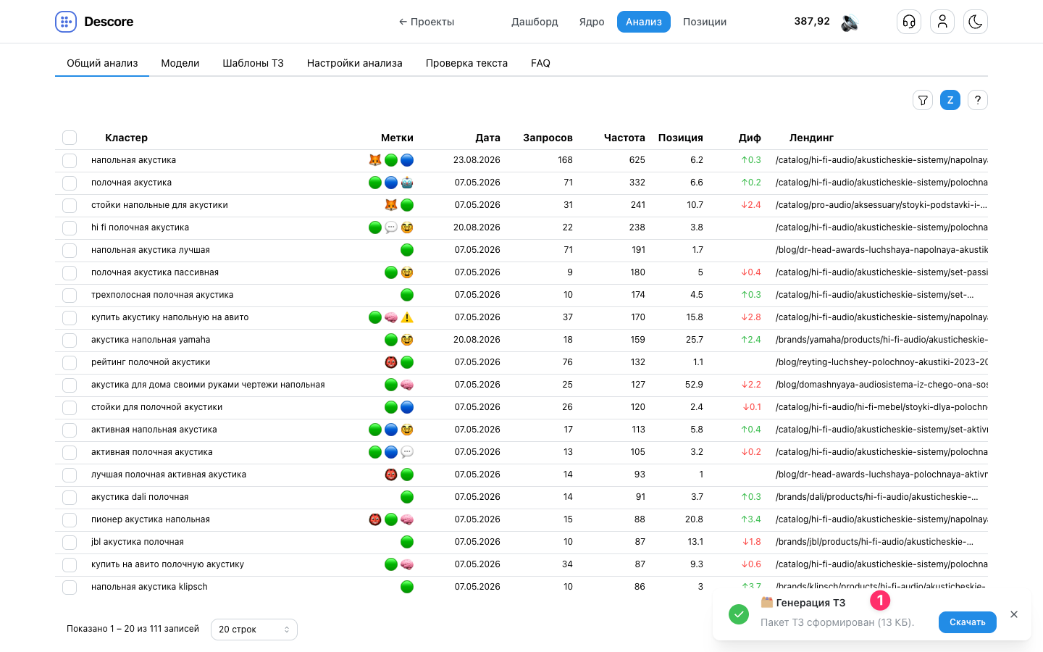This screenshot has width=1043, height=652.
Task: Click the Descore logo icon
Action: (66, 22)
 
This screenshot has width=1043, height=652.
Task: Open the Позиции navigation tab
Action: (705, 22)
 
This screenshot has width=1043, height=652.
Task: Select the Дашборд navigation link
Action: (535, 22)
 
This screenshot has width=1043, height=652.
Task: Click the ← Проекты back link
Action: (427, 22)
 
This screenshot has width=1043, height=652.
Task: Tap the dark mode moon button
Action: (976, 22)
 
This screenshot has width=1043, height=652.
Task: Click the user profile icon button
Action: (942, 22)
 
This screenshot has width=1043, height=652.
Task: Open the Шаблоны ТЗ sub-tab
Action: (253, 63)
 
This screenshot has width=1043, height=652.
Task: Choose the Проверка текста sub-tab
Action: (466, 63)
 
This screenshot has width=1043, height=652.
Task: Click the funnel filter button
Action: (923, 100)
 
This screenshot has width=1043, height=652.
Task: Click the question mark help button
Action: (977, 100)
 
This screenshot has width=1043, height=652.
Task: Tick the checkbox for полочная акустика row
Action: (70, 183)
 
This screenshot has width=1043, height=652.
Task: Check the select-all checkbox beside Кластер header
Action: (70, 138)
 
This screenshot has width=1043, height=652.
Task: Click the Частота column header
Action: (624, 138)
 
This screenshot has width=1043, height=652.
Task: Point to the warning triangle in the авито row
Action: (407, 317)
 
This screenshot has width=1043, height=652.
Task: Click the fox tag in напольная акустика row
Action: (375, 160)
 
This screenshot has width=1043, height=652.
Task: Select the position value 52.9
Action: (694, 385)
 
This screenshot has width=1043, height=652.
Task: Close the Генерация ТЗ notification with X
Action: (1014, 614)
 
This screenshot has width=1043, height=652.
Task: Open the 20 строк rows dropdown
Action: (254, 629)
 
